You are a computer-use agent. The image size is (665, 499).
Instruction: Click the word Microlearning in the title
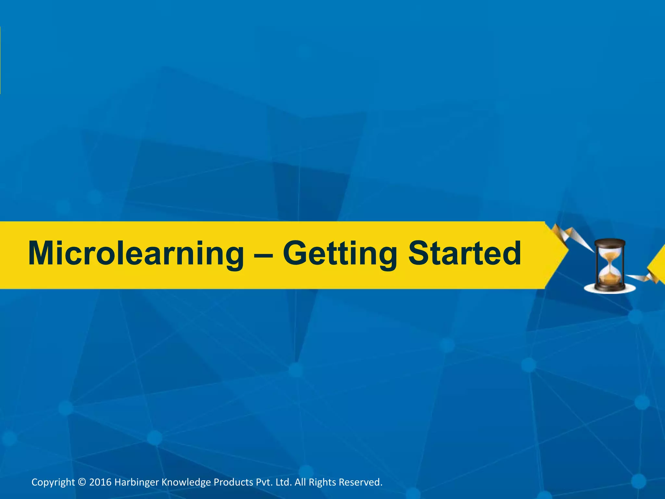[x=136, y=254]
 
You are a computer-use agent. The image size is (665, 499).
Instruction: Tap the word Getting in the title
[x=340, y=254]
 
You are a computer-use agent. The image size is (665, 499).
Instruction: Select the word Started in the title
[x=464, y=253]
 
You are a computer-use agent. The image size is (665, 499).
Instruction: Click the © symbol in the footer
[x=82, y=482]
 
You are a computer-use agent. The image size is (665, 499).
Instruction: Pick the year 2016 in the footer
[x=100, y=482]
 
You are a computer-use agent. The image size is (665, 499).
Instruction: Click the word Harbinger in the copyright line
[x=136, y=482]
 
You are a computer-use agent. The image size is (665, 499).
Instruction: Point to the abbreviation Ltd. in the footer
[x=284, y=482]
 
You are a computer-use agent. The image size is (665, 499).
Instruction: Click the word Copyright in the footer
[x=53, y=482]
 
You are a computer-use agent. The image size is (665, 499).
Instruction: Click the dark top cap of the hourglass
[x=610, y=242]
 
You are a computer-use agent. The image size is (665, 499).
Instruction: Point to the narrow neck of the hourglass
[x=610, y=263]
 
